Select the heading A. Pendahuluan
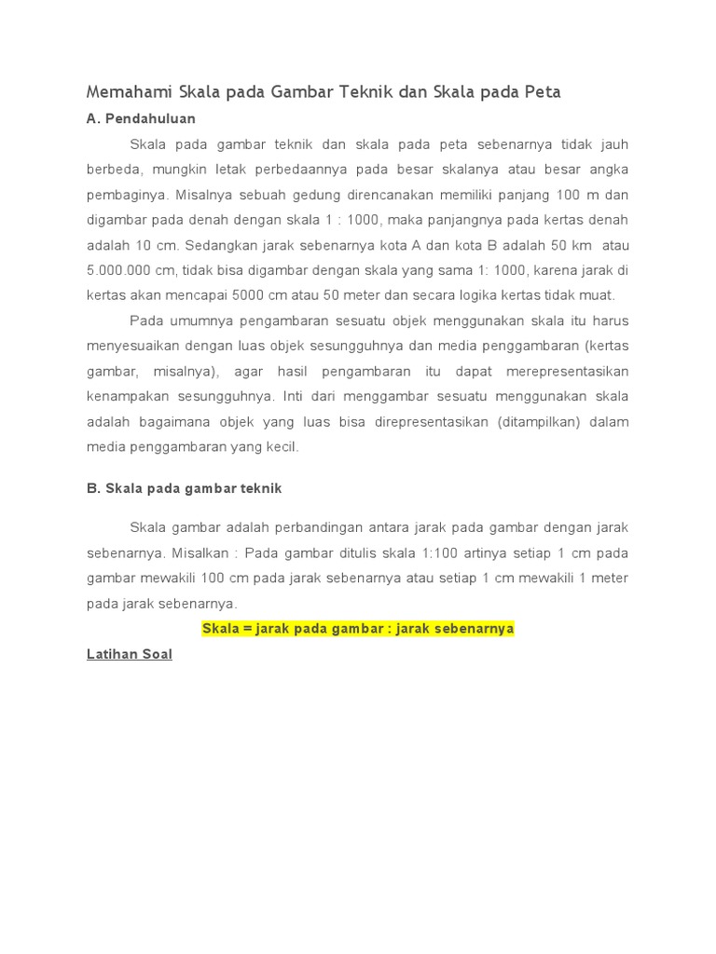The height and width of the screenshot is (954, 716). pos(141,119)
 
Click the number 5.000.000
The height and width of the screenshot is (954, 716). pos(120,271)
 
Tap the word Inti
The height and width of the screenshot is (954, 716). pos(296,396)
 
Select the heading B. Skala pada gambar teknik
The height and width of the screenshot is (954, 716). pos(184,488)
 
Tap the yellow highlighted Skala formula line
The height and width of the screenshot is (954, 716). pos(358,629)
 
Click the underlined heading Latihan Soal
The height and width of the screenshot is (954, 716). pos(129,655)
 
